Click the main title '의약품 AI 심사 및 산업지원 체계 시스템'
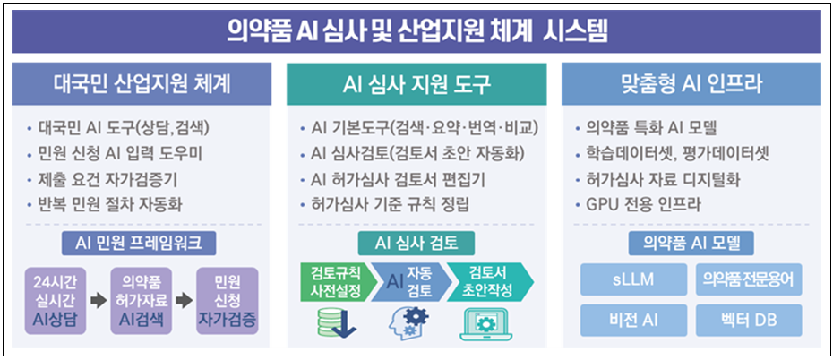click(416, 33)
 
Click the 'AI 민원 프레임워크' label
click(142, 242)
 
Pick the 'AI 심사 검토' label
click(416, 242)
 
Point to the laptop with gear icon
click(485, 323)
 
